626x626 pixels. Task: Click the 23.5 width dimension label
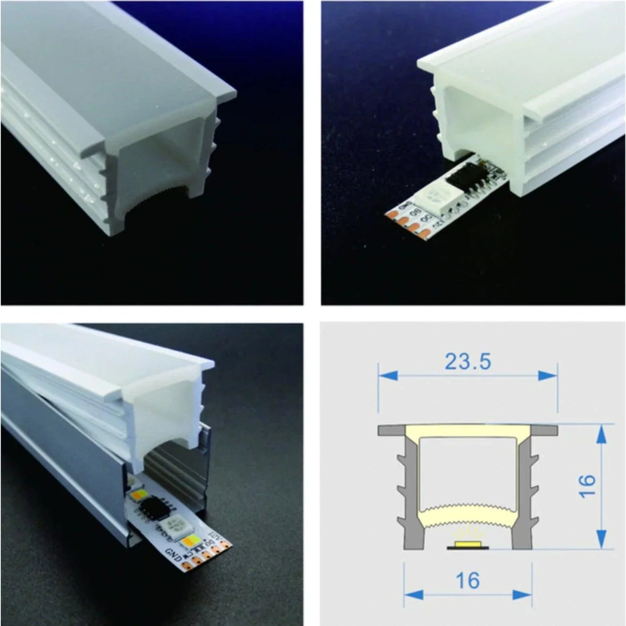[x=468, y=361]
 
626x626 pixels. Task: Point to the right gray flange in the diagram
[x=545, y=430]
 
